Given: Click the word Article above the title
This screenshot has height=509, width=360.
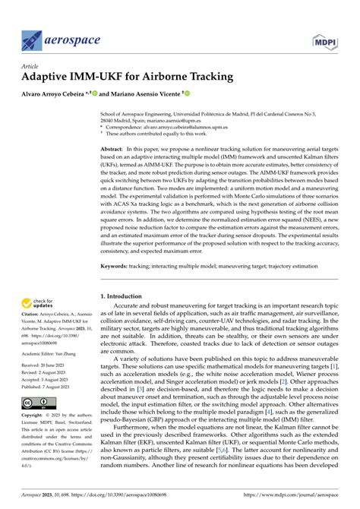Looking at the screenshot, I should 30,66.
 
